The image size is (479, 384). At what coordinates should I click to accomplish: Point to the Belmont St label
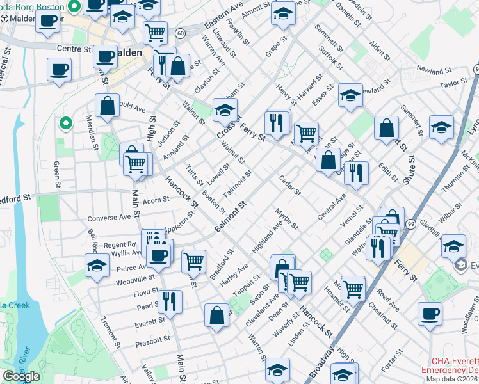[231, 217]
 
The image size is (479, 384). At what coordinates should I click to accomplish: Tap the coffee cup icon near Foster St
[430, 314]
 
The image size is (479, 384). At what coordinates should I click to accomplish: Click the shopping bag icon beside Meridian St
[108, 106]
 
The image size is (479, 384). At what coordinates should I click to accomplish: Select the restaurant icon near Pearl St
[170, 301]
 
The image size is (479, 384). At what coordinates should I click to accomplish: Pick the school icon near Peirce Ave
[97, 266]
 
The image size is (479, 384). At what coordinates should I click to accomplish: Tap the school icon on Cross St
[225, 110]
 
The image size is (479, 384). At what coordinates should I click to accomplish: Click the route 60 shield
[181, 33]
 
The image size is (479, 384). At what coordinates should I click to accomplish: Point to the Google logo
[21, 376]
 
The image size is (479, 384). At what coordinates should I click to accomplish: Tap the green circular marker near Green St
[64, 122]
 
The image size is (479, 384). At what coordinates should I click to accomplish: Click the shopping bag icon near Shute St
[386, 128]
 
